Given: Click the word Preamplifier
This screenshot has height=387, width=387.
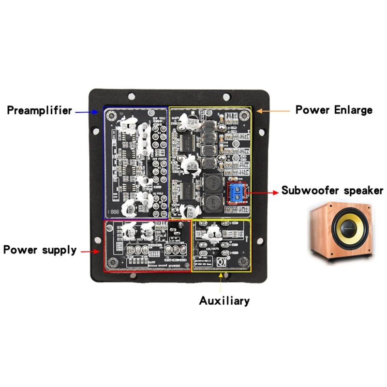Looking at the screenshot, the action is click(39, 110).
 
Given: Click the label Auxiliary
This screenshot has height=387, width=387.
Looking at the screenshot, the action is click(224, 301).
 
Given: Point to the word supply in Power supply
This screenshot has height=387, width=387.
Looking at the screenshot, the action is click(59, 250).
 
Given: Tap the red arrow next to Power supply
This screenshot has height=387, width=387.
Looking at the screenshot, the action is click(89, 251).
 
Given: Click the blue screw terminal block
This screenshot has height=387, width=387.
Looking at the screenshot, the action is click(237, 193).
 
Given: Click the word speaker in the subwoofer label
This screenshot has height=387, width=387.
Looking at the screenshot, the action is click(363, 191).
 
